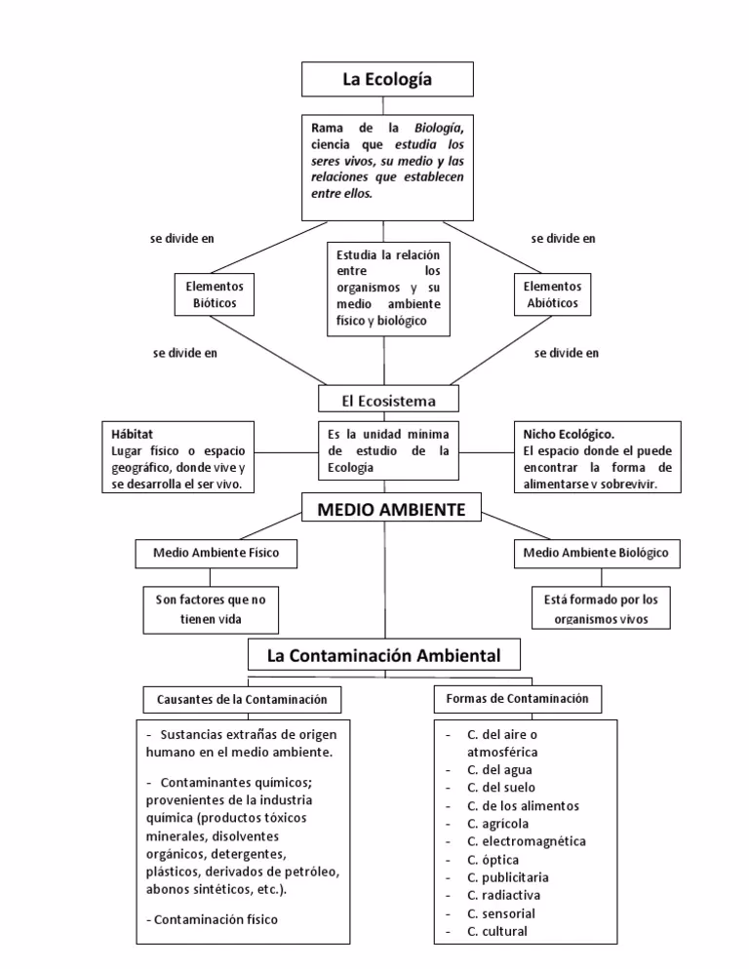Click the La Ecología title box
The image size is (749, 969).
tap(387, 79)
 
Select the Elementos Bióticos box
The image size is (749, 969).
tap(214, 294)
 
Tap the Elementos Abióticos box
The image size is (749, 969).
tap(551, 294)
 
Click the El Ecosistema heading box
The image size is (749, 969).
tap(389, 400)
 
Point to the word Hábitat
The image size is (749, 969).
tap(133, 433)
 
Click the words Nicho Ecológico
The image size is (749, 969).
tap(568, 433)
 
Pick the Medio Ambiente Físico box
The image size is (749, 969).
tap(216, 553)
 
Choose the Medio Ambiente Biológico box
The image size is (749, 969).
tap(595, 553)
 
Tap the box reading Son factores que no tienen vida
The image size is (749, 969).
tap(210, 609)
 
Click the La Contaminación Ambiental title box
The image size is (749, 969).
tap(383, 655)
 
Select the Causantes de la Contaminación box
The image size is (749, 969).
tap(235, 699)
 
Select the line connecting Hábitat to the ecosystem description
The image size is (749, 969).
tap(287, 452)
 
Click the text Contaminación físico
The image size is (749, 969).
tap(216, 918)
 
